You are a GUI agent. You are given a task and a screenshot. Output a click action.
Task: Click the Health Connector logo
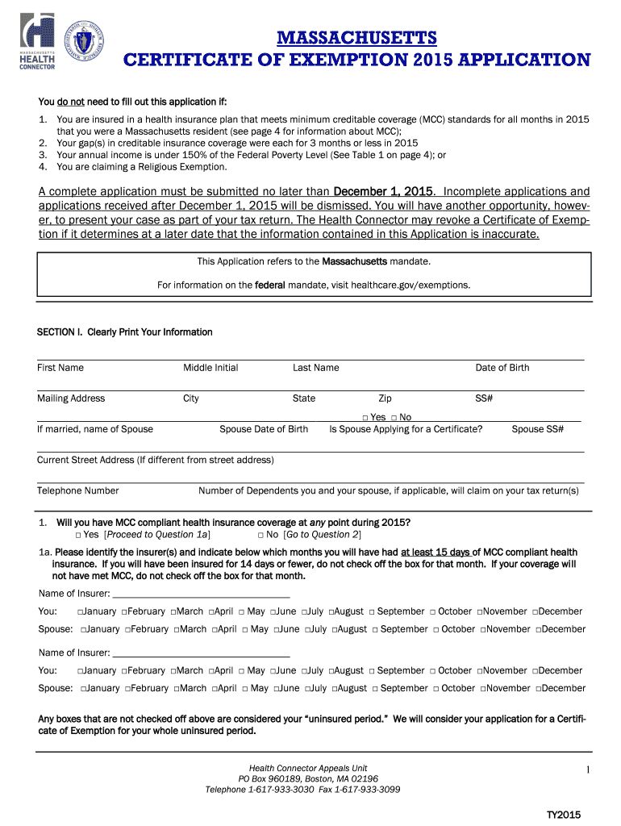(37, 42)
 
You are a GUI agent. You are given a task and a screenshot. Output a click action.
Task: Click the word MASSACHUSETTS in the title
(356, 38)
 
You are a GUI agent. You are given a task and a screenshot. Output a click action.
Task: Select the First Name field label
(60, 368)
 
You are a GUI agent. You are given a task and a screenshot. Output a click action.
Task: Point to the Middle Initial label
(210, 368)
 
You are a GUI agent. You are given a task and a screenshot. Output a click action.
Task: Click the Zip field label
(385, 398)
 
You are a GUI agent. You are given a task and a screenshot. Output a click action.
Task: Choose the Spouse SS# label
(537, 429)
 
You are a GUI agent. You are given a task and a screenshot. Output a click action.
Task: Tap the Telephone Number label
(78, 490)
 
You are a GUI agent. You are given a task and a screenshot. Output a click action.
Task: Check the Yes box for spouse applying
(365, 418)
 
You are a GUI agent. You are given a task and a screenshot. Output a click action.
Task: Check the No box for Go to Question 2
(261, 535)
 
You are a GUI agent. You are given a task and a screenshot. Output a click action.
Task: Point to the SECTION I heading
(125, 332)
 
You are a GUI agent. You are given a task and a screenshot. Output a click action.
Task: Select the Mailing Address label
(71, 398)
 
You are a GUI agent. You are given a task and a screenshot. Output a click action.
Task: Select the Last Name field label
(315, 368)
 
